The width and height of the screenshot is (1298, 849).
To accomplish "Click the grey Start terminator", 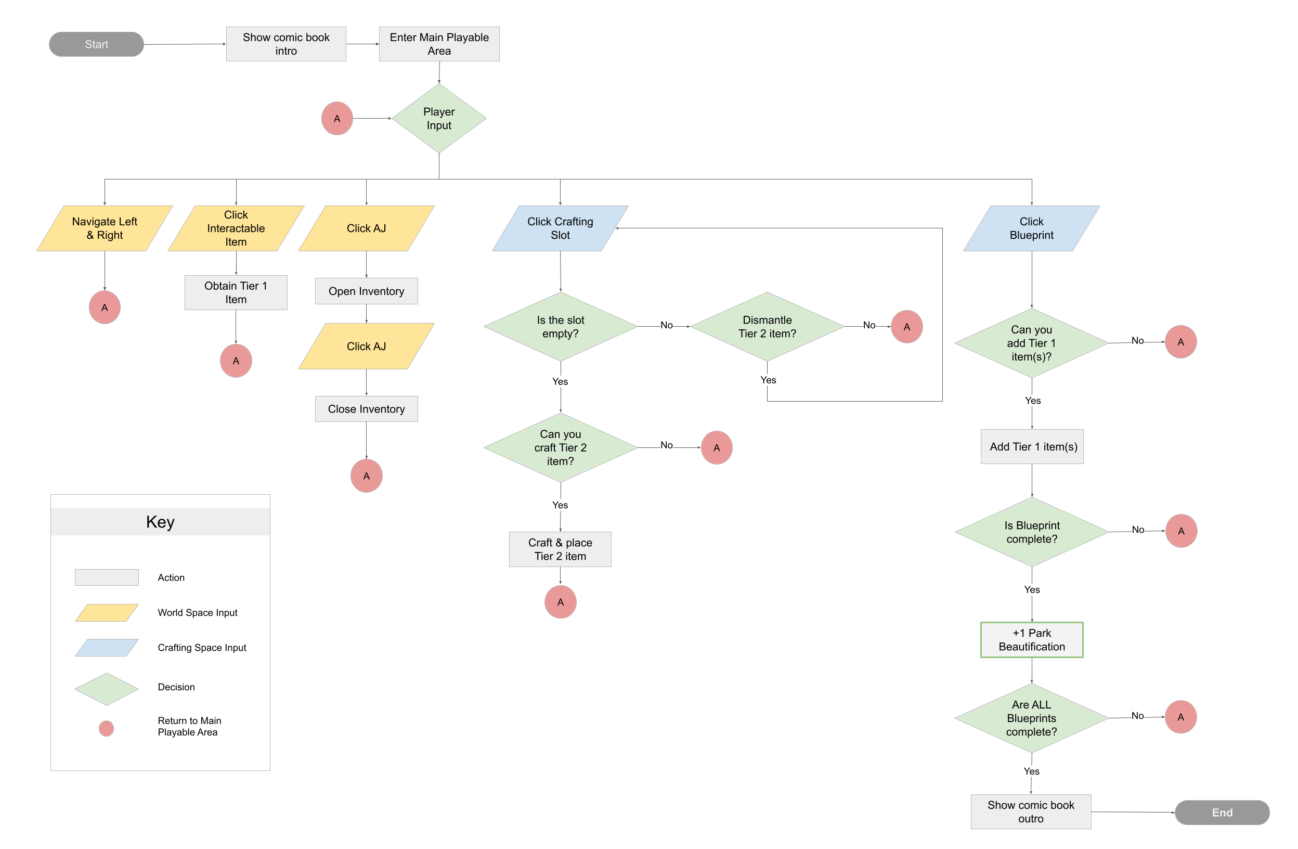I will coord(96,44).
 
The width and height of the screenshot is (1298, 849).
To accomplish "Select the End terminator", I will coord(1221,812).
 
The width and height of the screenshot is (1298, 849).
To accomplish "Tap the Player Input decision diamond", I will coord(438,119).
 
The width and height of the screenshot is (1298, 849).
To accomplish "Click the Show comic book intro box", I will coord(286,44).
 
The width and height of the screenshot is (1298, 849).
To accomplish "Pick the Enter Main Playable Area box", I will coord(438,44).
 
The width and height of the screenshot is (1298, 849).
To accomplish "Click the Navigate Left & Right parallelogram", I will coord(104,228).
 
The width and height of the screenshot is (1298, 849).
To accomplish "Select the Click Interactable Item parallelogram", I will coord(236,228).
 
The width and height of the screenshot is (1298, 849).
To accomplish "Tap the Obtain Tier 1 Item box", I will coord(236,292).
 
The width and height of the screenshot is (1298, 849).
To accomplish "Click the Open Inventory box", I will coord(366,291).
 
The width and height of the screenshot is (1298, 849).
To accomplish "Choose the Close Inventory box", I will coord(366,409).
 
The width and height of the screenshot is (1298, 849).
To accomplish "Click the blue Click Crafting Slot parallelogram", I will coord(560,228).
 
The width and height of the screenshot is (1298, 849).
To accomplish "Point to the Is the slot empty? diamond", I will coord(560,326).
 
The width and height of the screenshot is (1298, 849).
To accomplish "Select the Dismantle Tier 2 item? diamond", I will coord(767,326).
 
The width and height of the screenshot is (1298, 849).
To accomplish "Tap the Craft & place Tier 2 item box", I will coord(560,549).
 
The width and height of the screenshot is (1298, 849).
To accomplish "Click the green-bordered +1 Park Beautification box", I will coord(1031,639).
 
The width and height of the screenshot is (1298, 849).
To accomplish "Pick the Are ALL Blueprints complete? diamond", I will coord(1031,717).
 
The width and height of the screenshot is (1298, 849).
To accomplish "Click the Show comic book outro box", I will coord(1030,812).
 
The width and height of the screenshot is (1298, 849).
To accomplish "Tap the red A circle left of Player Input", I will coord(336,119).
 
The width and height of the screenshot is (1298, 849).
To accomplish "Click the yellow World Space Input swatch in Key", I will coord(107,612).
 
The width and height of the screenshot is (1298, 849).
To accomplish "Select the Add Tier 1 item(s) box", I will coord(1031,446).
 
